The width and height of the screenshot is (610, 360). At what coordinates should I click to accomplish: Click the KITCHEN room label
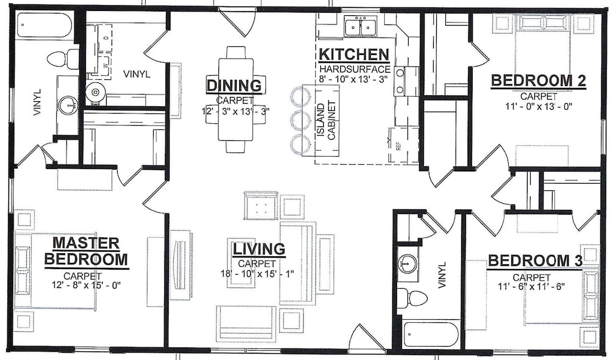[x=354, y=55]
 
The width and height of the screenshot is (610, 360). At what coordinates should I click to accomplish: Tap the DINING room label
[x=234, y=85]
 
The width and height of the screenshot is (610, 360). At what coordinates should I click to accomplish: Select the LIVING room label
[x=259, y=249]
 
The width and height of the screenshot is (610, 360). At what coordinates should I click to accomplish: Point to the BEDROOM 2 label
[x=539, y=81]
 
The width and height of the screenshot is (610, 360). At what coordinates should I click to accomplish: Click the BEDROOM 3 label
[x=535, y=261]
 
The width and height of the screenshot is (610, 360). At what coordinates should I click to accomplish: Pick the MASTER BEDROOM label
[x=87, y=251]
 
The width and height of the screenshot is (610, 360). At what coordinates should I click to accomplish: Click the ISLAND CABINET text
[x=326, y=120]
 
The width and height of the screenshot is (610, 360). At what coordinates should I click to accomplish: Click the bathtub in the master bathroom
[x=44, y=26]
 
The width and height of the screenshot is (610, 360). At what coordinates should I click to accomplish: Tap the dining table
[x=236, y=99]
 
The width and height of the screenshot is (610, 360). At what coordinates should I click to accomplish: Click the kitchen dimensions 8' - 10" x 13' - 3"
[x=354, y=79]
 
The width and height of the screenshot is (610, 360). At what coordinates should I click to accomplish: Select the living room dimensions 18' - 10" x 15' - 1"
[x=257, y=273]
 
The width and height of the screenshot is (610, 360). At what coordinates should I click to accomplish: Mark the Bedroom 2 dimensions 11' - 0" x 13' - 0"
[x=539, y=106]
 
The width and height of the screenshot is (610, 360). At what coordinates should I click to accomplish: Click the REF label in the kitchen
[x=398, y=146]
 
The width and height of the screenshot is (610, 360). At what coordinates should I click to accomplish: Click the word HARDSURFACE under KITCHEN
[x=354, y=70]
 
